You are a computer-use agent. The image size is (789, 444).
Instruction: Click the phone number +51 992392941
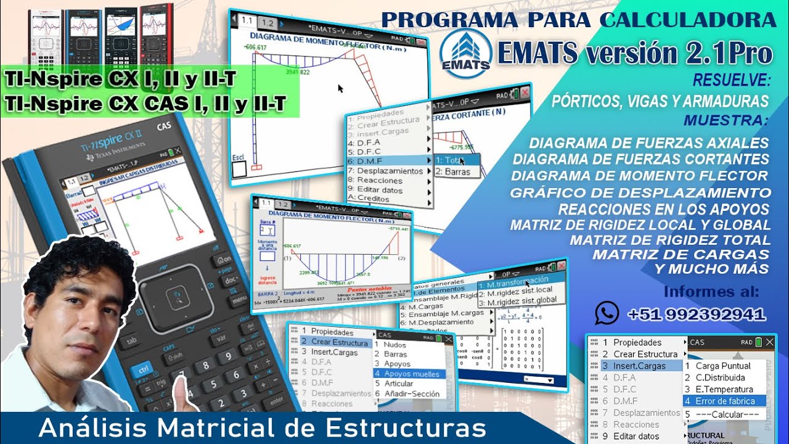point(697,314)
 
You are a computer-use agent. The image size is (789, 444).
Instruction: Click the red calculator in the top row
point(157,33)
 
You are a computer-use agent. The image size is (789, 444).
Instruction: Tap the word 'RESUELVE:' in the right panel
point(732,80)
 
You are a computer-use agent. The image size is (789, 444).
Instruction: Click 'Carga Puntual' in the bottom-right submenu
point(722,366)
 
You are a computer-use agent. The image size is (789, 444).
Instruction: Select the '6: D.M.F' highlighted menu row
point(390,160)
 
